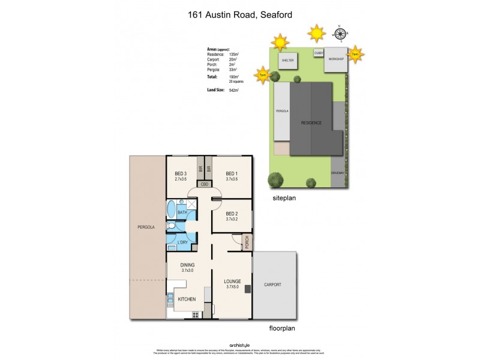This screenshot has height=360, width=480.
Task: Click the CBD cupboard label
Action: point(204,184)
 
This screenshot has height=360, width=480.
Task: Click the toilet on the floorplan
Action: point(172,226)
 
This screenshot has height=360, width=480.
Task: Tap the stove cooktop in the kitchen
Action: point(194,314)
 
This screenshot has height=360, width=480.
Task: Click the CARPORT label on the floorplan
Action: point(272,284)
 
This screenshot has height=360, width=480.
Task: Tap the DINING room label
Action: point(188,265)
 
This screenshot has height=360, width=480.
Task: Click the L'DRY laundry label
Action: point(183,242)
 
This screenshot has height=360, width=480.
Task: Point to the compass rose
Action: point(339,34)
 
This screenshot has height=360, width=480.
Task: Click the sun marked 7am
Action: point(355,54)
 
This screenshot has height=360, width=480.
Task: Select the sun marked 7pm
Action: point(262,75)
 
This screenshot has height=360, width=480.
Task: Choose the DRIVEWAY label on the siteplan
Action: point(338,173)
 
